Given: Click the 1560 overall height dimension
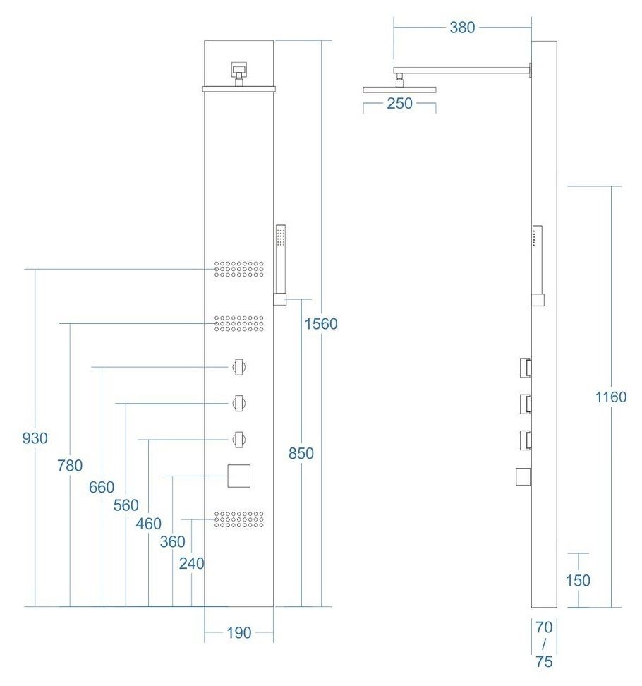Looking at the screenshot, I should click(321, 324).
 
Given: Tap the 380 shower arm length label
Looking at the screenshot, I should click(462, 28).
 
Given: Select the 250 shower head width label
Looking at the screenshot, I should click(399, 103).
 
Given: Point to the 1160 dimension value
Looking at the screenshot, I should click(610, 397).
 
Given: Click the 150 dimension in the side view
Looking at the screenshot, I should click(578, 580).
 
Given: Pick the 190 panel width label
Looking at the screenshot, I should click(239, 633).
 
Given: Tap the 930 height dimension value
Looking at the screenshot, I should click(35, 438).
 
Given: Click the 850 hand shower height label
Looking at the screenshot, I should click(301, 454).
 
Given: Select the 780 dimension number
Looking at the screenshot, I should click(70, 465).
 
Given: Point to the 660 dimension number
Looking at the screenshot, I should click(102, 487).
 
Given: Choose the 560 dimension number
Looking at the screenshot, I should click(126, 505).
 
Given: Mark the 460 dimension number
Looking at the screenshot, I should click(149, 524).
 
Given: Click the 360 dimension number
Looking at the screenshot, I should click(172, 542).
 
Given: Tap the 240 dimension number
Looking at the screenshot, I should click(191, 563).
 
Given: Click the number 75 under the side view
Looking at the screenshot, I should click(544, 662).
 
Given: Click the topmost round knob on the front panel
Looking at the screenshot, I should click(239, 367).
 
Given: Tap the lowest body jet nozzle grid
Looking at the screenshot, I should click(239, 519).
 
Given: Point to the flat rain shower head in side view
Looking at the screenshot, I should click(399, 90).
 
